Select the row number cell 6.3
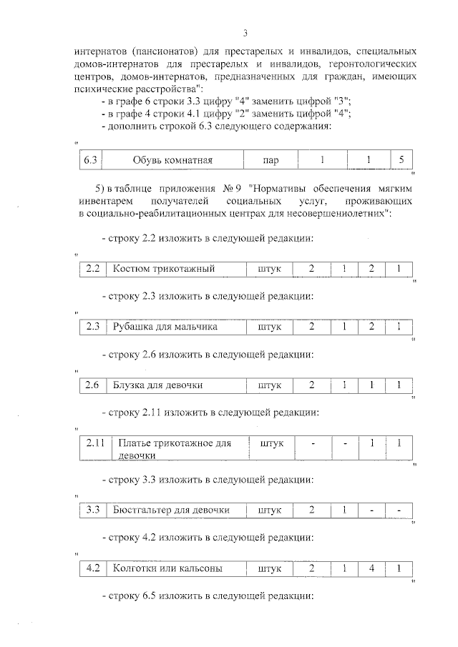[x=90, y=160]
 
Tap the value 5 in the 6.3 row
[x=401, y=160]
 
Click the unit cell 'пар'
[x=271, y=160]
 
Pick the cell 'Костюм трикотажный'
[x=164, y=269]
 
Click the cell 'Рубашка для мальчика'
[x=165, y=327]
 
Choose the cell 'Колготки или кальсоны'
[x=167, y=568]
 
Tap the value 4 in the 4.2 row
[x=373, y=568]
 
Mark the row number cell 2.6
[x=92, y=385]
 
